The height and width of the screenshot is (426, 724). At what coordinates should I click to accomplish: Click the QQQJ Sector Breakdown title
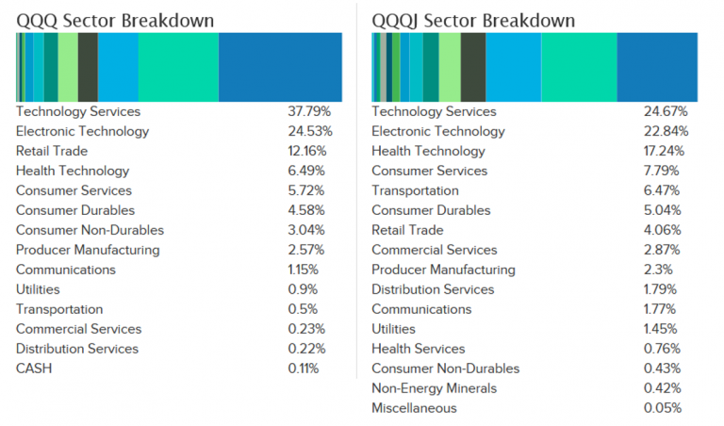click(473, 20)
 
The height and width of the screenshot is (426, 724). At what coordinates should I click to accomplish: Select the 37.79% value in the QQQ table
click(310, 112)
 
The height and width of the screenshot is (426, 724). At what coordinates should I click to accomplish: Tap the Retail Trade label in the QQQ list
click(52, 152)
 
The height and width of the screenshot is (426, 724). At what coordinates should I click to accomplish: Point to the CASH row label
click(34, 369)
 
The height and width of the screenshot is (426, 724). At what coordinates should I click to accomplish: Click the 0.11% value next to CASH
click(304, 369)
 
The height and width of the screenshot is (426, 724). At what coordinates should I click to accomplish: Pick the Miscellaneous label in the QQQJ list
click(414, 408)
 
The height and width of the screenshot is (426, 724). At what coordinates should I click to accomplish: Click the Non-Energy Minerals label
click(434, 388)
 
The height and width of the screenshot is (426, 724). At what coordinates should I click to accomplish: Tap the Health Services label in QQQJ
click(418, 350)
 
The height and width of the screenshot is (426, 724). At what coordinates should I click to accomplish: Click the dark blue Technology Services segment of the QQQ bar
click(280, 66)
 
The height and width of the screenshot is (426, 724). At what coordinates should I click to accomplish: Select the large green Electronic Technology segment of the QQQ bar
click(178, 66)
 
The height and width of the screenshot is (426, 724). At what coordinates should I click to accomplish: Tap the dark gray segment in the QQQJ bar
click(473, 66)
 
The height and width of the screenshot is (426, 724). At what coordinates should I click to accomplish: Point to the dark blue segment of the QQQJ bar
click(657, 66)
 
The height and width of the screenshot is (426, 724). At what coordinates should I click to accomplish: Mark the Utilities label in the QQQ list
click(38, 290)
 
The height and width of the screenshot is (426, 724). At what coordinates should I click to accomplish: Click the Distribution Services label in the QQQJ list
click(433, 290)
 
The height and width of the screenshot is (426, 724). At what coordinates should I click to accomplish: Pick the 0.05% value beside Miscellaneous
click(663, 408)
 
